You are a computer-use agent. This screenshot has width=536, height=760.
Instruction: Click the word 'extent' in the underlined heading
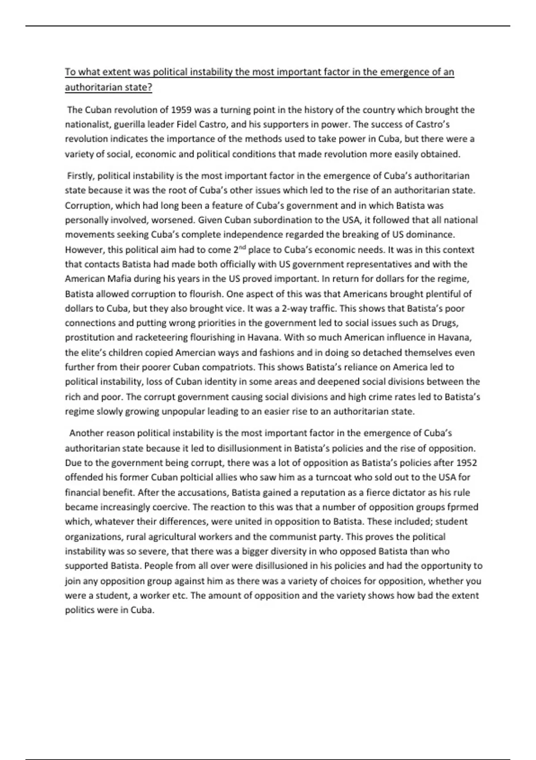115,72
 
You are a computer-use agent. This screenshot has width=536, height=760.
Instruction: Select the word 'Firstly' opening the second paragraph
80,176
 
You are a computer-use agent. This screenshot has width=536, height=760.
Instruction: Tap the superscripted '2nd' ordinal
239,249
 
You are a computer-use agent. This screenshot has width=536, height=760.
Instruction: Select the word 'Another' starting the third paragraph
85,433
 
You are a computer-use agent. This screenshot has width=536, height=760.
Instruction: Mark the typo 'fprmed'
464,507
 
